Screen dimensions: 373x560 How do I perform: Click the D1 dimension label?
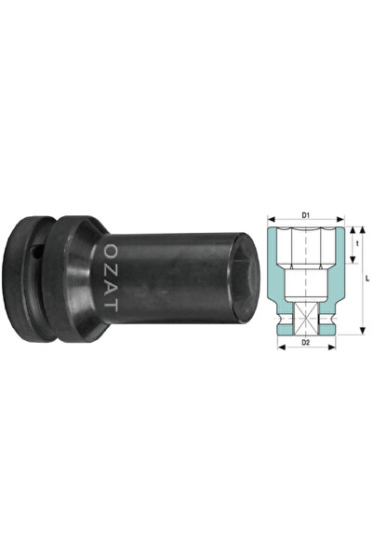point(306,215)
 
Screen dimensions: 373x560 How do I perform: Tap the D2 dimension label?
point(306,342)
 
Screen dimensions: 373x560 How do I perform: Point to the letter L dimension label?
point(367,279)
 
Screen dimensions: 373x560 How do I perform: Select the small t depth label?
point(356,245)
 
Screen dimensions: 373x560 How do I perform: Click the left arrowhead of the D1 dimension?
point(272,219)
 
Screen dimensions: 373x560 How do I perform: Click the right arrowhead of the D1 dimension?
point(340,219)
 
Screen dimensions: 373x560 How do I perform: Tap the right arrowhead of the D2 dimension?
point(332,347)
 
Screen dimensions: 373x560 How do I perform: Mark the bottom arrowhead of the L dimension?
point(362,331)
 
